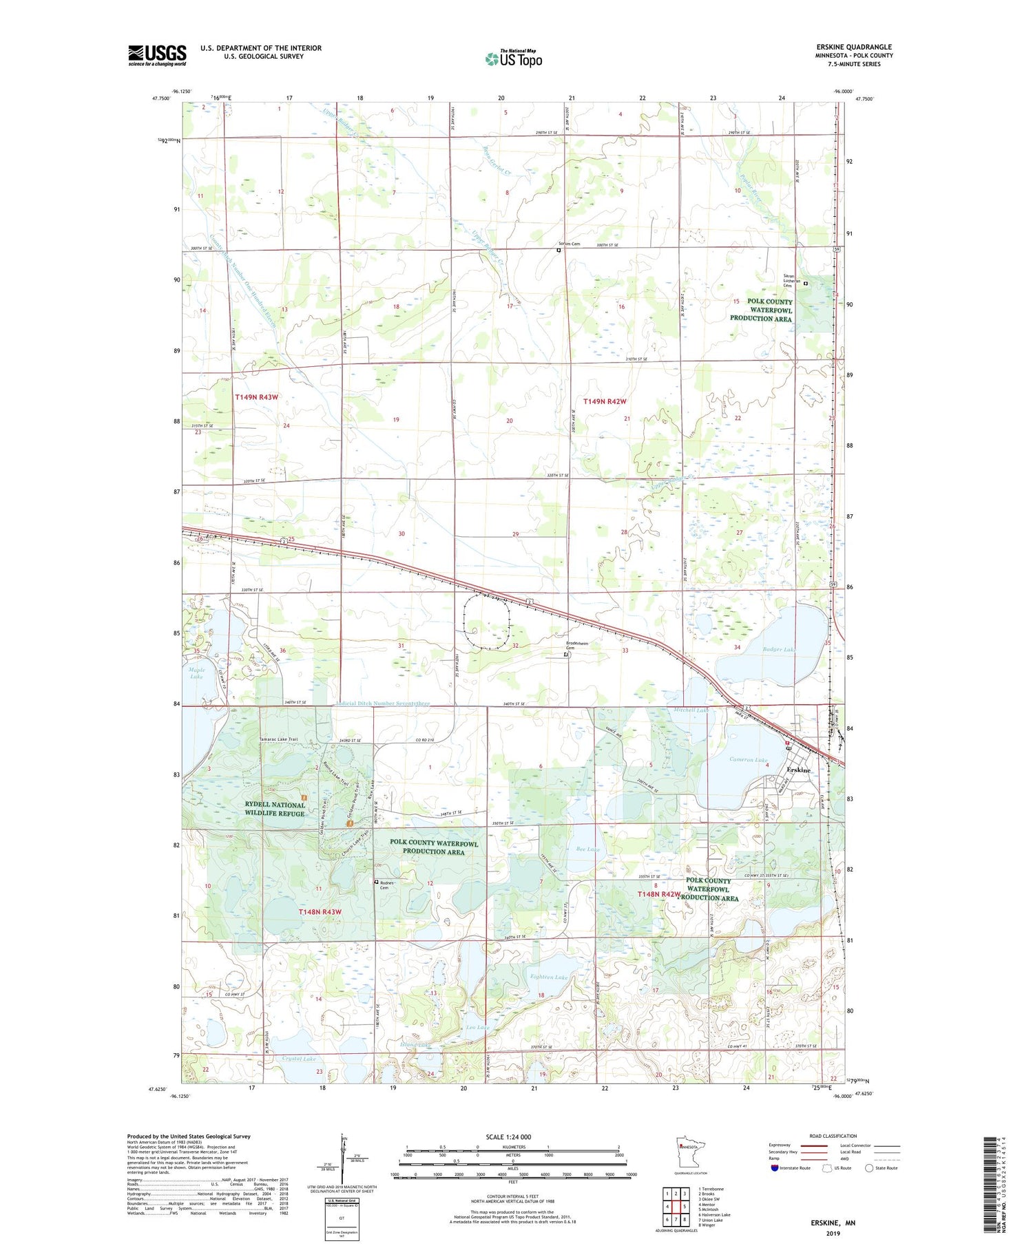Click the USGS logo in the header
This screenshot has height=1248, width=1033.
pos(157,55)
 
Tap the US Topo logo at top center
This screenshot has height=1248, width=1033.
pos(514,59)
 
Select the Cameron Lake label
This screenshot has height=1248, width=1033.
pos(749,760)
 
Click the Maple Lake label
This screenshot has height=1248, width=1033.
pos(196,673)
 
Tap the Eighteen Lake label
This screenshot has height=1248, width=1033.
pos(549,977)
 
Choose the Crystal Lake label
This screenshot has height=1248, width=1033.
pos(300,1059)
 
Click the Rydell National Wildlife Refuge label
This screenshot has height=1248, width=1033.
pos(274,809)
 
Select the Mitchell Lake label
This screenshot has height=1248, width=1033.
pos(690,710)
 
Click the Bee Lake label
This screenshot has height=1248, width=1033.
pos(587,849)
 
